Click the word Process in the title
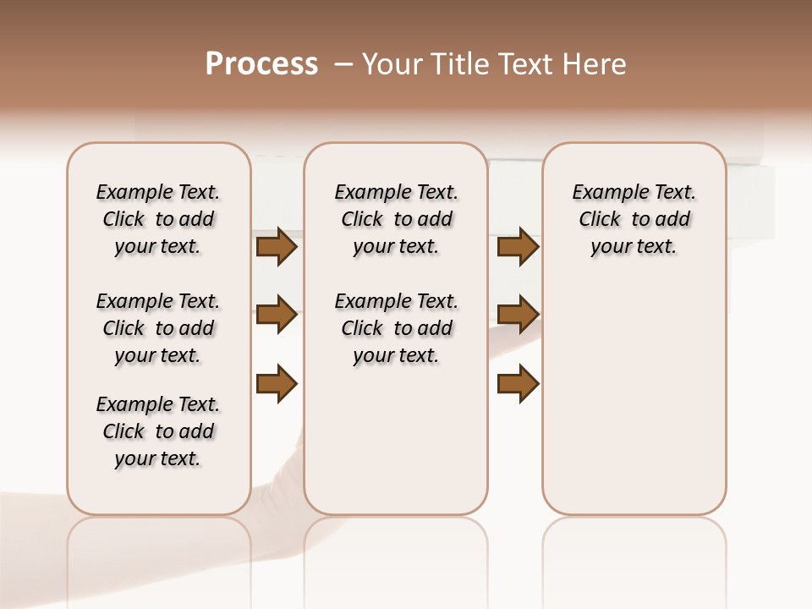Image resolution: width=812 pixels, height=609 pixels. (x=261, y=64)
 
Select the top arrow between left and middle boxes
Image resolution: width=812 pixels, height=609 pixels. (x=277, y=247)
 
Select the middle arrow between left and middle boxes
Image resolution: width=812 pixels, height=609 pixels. (x=277, y=315)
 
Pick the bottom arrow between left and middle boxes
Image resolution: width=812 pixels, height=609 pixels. (x=277, y=383)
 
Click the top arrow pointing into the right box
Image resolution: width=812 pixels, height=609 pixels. (x=518, y=247)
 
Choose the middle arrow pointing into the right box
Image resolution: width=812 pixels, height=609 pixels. (x=518, y=315)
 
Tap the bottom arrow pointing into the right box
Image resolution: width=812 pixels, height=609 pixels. (x=518, y=383)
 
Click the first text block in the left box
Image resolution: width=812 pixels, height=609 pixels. (x=158, y=219)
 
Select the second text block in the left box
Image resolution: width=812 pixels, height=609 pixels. (x=158, y=328)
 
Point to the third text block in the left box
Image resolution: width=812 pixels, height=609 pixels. (x=158, y=431)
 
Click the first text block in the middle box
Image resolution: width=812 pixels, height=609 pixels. (x=396, y=219)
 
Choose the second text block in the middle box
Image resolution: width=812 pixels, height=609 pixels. (x=396, y=328)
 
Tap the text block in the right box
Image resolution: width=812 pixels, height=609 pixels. (x=634, y=219)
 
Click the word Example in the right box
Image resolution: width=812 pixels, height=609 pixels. (x=604, y=193)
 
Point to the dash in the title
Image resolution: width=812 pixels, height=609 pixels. (x=343, y=64)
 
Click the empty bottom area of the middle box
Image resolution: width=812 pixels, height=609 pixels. (x=396, y=448)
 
